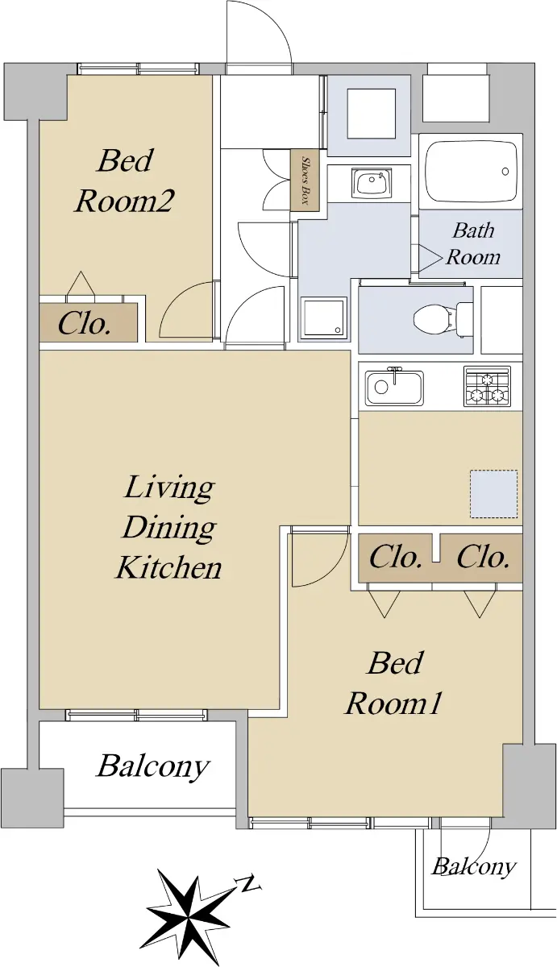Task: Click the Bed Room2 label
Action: coord(124,181)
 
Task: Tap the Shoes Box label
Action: coord(306,180)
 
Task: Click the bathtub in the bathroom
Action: coord(472,171)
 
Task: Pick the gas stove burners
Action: coord(487,386)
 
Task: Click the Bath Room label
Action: coord(473,243)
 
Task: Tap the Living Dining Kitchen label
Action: coord(168,527)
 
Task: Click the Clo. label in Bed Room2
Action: coord(84,323)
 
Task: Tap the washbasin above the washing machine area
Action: coord(371,183)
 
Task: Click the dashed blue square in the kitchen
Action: coord(493,494)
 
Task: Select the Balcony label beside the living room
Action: coord(152,766)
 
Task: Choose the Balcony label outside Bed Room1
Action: coord(474,866)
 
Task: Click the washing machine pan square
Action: coord(324,317)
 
